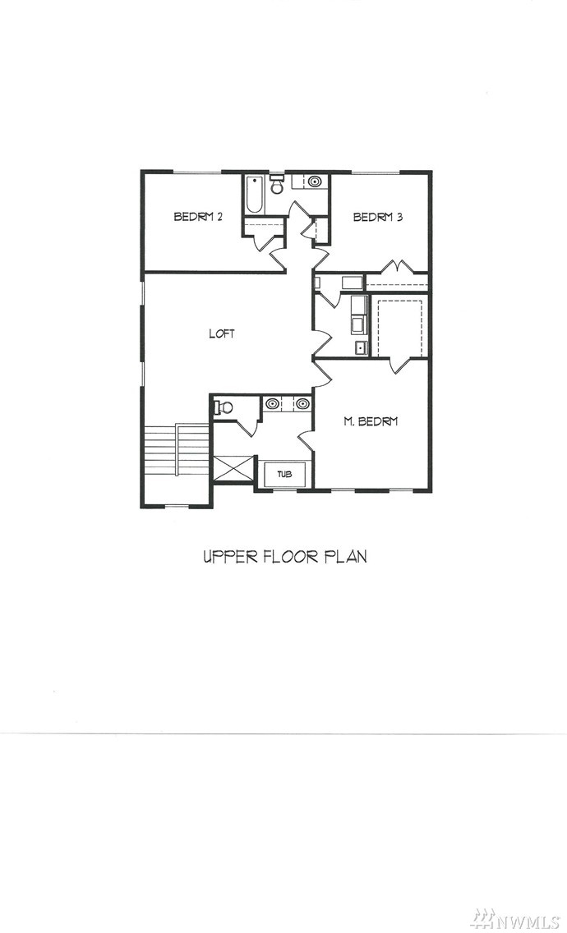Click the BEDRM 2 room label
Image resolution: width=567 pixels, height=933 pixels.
click(198, 217)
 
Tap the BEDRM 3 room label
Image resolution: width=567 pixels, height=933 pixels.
click(378, 217)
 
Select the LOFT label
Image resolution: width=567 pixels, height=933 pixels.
click(222, 333)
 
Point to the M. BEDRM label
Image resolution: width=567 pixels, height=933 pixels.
click(371, 421)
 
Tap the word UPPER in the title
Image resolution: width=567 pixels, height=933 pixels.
click(224, 556)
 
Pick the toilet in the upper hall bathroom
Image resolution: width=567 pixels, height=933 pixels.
click(276, 185)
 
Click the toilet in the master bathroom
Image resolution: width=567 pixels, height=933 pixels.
click(224, 407)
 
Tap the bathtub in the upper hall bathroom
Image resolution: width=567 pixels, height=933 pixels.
click(253, 195)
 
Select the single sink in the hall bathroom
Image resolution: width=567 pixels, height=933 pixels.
click(315, 182)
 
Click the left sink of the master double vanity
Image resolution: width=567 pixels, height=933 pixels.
click(273, 404)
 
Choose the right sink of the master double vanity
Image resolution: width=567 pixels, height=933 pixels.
click(302, 404)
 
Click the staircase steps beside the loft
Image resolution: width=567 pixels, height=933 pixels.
click(177, 450)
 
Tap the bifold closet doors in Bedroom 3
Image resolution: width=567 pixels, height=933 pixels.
click(397, 267)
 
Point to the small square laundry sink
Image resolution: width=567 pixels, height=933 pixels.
click(360, 348)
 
